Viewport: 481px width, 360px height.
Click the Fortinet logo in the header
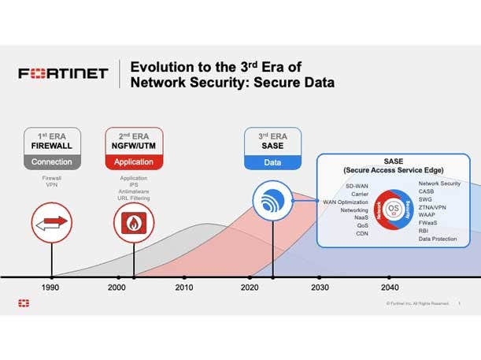63,74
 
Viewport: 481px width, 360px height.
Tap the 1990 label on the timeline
51,288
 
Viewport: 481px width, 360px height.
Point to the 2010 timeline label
184,288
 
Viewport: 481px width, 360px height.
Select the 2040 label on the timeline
389,288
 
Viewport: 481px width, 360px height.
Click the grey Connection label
51,162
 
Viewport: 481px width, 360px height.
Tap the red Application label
134,162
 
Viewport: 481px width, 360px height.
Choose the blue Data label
272,162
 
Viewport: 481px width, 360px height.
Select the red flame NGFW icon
134,224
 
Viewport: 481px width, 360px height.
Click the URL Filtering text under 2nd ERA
134,199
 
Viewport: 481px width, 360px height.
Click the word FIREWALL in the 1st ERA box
51,146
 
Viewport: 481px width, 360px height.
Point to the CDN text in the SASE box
362,233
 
